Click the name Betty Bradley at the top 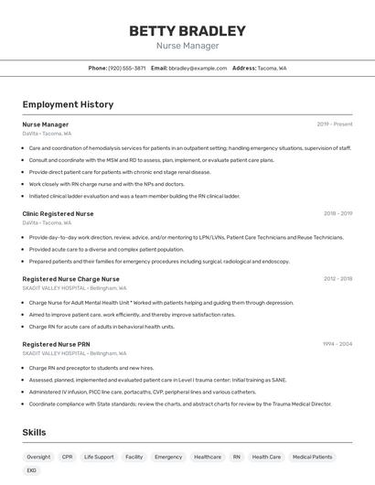(187, 31)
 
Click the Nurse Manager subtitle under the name (187, 46)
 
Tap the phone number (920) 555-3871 (126, 68)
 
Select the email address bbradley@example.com (198, 68)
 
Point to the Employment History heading (68, 104)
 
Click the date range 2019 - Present (335, 124)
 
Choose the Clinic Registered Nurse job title (58, 213)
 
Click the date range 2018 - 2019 (337, 213)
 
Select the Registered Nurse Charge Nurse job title (70, 278)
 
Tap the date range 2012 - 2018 (337, 278)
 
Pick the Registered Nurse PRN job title (56, 344)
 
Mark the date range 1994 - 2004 (337, 344)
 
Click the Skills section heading (35, 432)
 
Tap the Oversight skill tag (38, 457)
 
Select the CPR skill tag (68, 457)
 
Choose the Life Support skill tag (99, 457)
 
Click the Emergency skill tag (168, 457)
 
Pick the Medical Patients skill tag (313, 457)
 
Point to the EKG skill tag (32, 470)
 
